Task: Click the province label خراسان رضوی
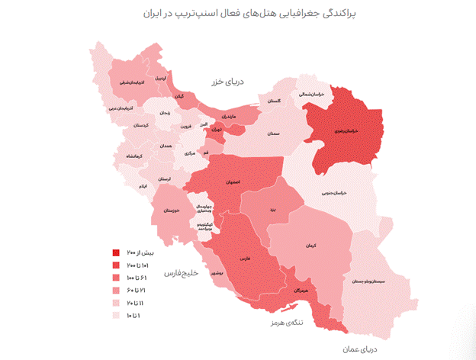tap(345, 130)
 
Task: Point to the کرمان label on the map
tap(309, 246)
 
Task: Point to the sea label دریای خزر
tap(228, 81)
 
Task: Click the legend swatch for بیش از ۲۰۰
tap(115, 252)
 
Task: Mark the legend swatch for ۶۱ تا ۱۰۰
tap(115, 278)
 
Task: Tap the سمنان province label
tap(274, 133)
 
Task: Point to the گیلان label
tap(179, 97)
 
